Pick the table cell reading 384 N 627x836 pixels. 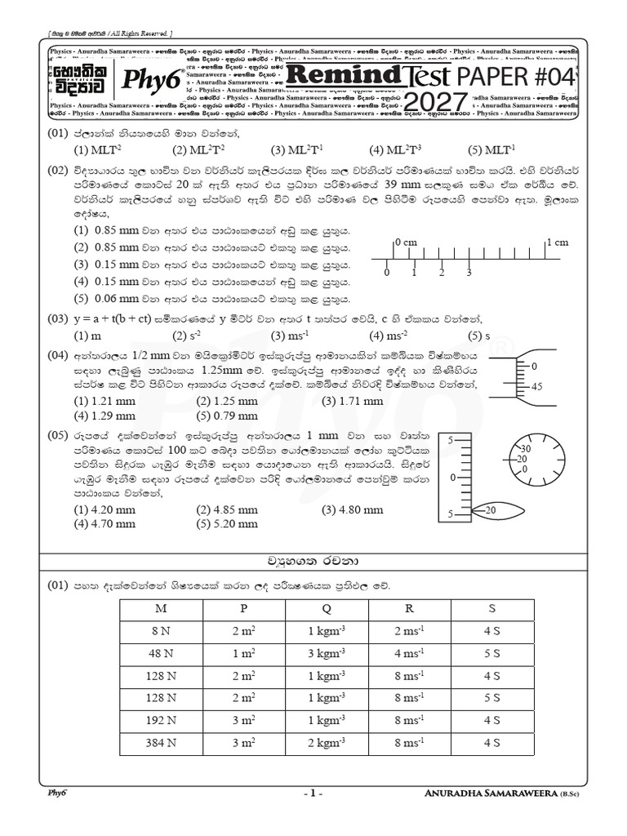[166, 743]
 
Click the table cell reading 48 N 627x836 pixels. [166, 654]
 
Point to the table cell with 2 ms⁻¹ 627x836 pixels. [409, 632]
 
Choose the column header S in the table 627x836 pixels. [491, 609]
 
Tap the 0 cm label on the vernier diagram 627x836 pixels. [406, 242]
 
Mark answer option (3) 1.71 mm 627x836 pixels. [352, 401]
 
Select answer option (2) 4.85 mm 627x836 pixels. [227, 510]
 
